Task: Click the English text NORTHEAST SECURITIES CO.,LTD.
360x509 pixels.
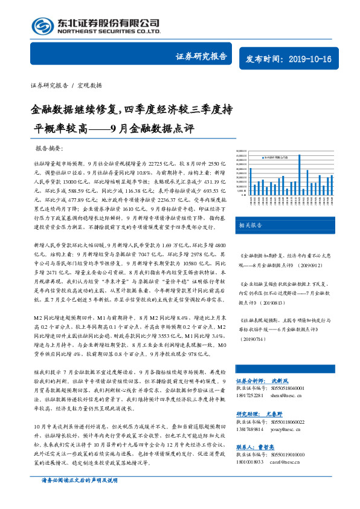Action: [x=109, y=31]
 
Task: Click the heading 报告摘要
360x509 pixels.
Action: [x=53, y=148]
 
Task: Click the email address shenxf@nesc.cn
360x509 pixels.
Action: [x=291, y=396]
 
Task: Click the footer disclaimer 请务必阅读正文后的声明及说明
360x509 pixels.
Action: [x=79, y=496]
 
